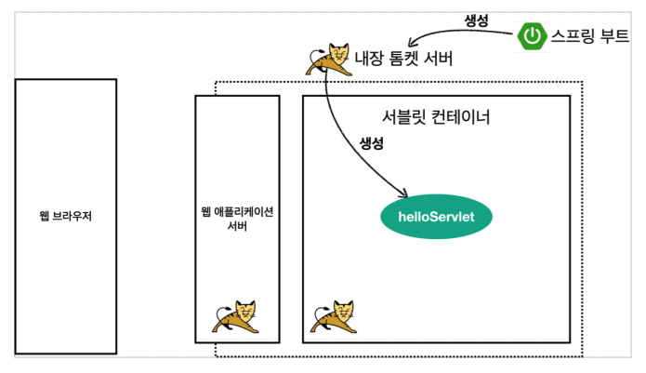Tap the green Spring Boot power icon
[x=532, y=36]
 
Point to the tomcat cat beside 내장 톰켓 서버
[x=327, y=60]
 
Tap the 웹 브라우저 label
[x=65, y=217]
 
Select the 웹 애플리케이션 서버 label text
[x=237, y=217]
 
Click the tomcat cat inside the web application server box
[x=236, y=319]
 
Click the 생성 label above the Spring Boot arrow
[x=478, y=20]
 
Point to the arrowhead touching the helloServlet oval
[x=405, y=195]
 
